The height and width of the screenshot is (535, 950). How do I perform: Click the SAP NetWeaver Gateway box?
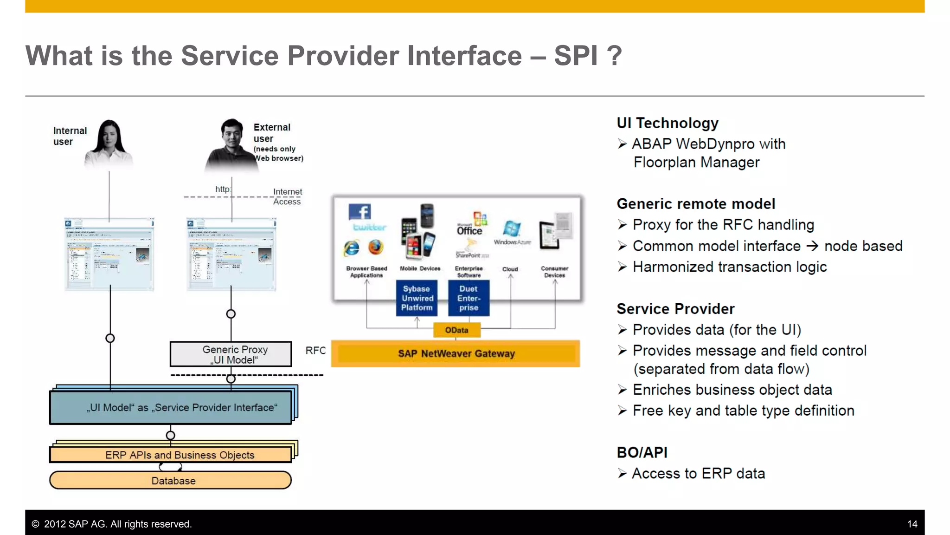tap(456, 353)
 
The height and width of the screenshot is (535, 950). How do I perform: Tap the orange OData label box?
tap(456, 330)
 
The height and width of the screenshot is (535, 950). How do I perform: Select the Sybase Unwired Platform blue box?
tap(417, 298)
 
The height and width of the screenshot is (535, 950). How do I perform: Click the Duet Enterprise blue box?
tap(469, 298)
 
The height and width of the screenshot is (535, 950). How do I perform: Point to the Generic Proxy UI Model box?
tap(231, 354)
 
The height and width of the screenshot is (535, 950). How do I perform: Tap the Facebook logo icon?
tap(359, 212)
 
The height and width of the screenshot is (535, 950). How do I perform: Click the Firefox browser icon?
tap(376, 247)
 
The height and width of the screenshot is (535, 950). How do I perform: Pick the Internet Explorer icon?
tap(352, 248)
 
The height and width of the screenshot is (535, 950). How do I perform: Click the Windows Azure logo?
tap(512, 229)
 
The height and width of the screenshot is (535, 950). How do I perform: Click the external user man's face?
tap(232, 134)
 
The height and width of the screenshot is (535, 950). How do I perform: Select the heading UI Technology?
tap(667, 123)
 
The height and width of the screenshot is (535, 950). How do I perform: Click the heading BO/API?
tap(642, 452)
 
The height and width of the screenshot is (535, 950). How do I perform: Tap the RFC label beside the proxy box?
tap(315, 351)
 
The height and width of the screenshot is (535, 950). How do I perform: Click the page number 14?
tap(912, 524)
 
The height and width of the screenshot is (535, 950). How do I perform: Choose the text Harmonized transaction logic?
tap(729, 267)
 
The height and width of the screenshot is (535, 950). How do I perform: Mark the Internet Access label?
tap(287, 196)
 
